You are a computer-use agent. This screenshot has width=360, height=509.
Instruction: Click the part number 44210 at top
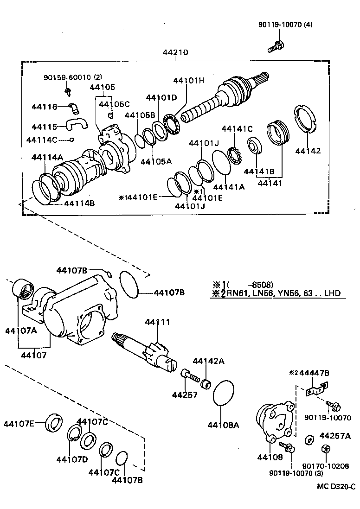175,52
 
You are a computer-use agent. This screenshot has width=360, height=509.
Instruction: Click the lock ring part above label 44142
306,120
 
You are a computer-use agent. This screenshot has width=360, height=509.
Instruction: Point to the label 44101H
188,80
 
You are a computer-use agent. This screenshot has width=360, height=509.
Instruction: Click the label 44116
45,107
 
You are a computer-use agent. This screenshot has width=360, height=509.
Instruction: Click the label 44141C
237,128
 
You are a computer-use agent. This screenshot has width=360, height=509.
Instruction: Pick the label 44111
157,322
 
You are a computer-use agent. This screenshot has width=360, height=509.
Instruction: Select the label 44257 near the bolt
185,394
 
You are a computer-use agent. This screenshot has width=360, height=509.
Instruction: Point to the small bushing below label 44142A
206,383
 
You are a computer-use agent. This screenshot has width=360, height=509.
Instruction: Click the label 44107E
19,423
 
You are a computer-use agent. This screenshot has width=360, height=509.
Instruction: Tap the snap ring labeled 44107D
74,436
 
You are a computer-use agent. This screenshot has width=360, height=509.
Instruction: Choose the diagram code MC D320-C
336,486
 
